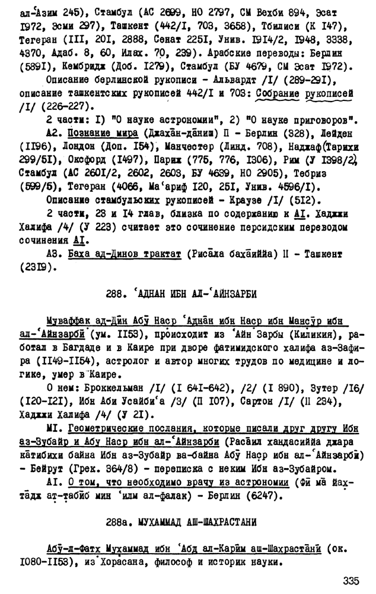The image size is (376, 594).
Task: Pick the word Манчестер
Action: point(193,146)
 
